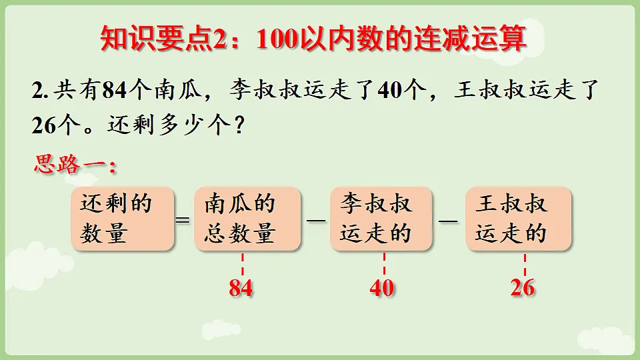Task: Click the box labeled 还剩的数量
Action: click(122, 219)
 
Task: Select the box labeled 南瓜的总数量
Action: click(247, 219)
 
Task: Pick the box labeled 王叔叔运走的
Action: click(518, 219)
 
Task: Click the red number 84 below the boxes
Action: click(241, 289)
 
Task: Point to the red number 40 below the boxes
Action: click(381, 289)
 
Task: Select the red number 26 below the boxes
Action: click(523, 289)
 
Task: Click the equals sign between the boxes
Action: click(184, 221)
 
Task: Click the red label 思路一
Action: click(75, 164)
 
